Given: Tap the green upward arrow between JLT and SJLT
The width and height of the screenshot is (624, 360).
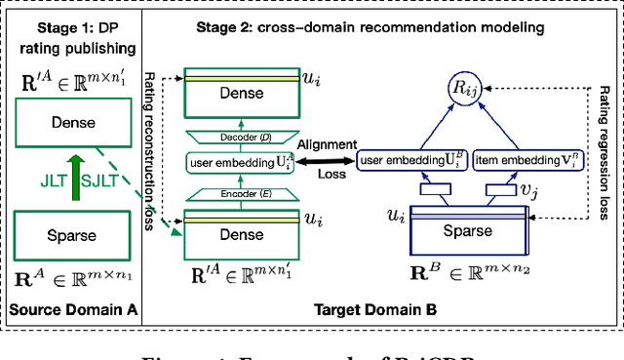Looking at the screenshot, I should (x=72, y=178).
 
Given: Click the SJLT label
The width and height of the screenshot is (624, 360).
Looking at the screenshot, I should (x=102, y=178).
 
